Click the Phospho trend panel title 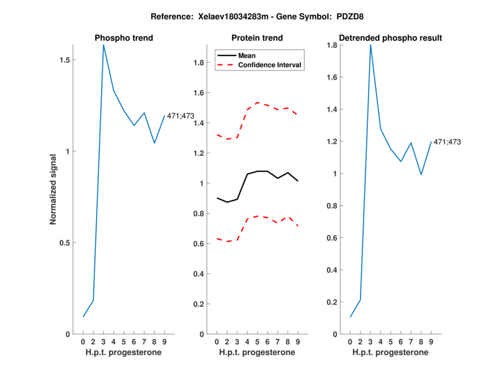pyautogui.click(x=123, y=38)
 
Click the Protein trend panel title pyautogui.click(x=257, y=38)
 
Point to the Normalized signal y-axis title pyautogui.click(x=54, y=189)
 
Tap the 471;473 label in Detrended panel pyautogui.click(x=448, y=142)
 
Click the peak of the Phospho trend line pyautogui.click(x=103, y=44)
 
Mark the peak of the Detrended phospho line pyautogui.click(x=370, y=44)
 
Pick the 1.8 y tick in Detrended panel pyautogui.click(x=333, y=45)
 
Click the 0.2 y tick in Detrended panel pyautogui.click(x=333, y=302)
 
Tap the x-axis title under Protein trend pyautogui.click(x=257, y=353)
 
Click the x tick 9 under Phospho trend pyautogui.click(x=164, y=341)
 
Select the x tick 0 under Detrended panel pyautogui.click(x=350, y=341)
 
